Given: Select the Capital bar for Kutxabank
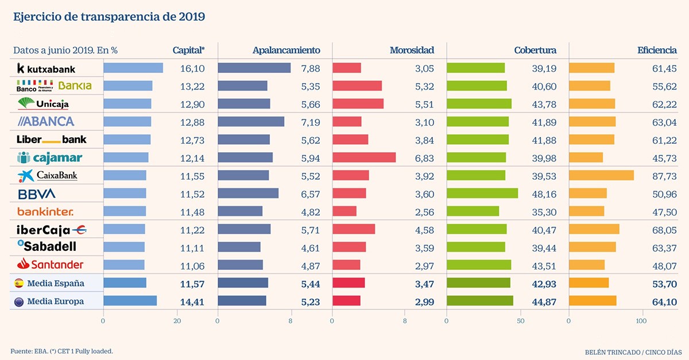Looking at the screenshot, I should pyautogui.click(x=133, y=68).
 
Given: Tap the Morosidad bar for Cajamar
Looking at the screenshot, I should pyautogui.click(x=364, y=157).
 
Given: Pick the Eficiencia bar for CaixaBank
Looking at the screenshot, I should pyautogui.click(x=601, y=175).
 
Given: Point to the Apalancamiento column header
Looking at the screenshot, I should pyautogui.click(x=287, y=51).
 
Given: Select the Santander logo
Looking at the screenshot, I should pyautogui.click(x=51, y=265).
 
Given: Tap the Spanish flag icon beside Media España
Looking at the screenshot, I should pyautogui.click(x=18, y=283).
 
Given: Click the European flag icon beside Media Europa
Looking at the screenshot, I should pyautogui.click(x=18, y=301).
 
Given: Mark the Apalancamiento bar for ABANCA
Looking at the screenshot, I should pyautogui.click(x=251, y=122).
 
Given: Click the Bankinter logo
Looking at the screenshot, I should pyautogui.click(x=45, y=211).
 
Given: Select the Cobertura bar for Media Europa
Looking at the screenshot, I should pyautogui.click(x=480, y=301).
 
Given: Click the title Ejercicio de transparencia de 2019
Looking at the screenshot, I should pyautogui.click(x=109, y=16).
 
